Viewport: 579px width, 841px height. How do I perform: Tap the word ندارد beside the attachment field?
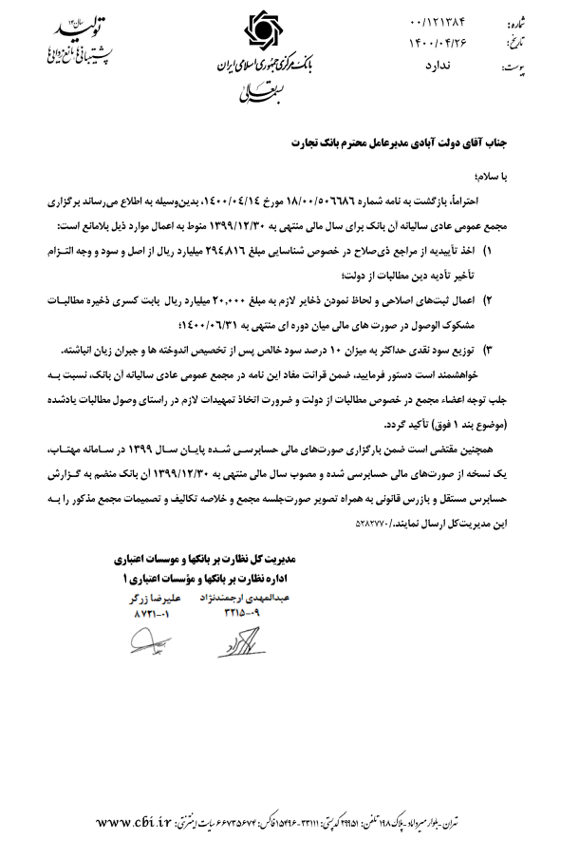pyautogui.click(x=431, y=64)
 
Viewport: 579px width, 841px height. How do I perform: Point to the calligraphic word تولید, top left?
pyautogui.click(x=78, y=28)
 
